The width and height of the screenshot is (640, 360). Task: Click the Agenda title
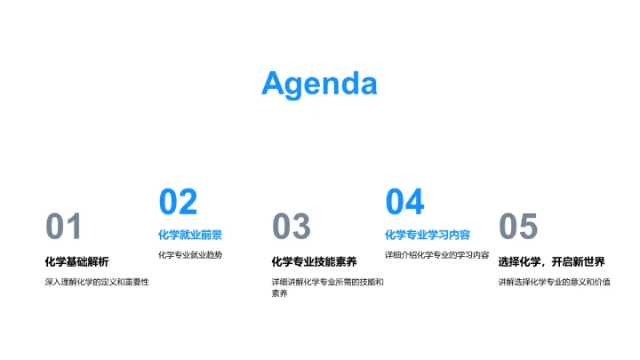[319, 84]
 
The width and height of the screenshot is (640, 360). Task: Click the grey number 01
[64, 228]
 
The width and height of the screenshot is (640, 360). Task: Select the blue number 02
[178, 202]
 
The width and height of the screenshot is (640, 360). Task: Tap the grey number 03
[291, 228]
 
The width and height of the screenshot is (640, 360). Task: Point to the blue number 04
[404, 202]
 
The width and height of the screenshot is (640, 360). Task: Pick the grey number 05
[518, 228]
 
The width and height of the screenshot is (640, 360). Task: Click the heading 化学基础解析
[76, 261]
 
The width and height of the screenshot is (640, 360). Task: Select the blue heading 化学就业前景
[190, 235]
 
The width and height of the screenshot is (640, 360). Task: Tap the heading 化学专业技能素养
[314, 261]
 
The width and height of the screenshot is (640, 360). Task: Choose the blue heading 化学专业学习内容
[428, 235]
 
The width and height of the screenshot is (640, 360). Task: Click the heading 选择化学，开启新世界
[551, 261]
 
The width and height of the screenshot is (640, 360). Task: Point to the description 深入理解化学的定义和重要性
[97, 282]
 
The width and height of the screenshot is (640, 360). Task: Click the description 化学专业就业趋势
[190, 255]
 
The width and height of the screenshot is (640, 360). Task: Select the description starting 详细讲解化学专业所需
[327, 282]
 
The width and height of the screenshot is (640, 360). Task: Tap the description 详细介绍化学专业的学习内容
[436, 255]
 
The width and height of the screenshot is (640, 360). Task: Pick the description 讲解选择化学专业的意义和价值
[554, 282]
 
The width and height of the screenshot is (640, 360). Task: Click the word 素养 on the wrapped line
[280, 293]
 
